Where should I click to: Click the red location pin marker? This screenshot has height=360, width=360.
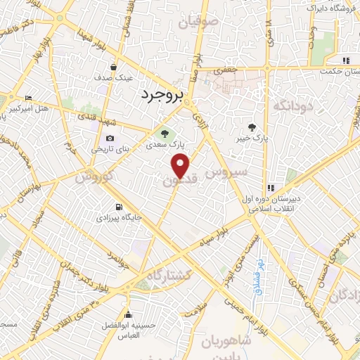181,165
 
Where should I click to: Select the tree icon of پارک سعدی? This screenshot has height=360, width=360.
165,132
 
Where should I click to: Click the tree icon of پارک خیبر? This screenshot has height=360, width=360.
252,127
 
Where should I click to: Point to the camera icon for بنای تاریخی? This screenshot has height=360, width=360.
109,139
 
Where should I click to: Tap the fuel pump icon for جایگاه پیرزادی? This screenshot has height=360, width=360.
118,207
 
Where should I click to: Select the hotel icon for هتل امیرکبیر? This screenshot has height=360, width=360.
27,97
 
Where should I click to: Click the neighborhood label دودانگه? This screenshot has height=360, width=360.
292,105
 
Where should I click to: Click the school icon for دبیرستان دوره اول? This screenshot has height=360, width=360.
271,188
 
